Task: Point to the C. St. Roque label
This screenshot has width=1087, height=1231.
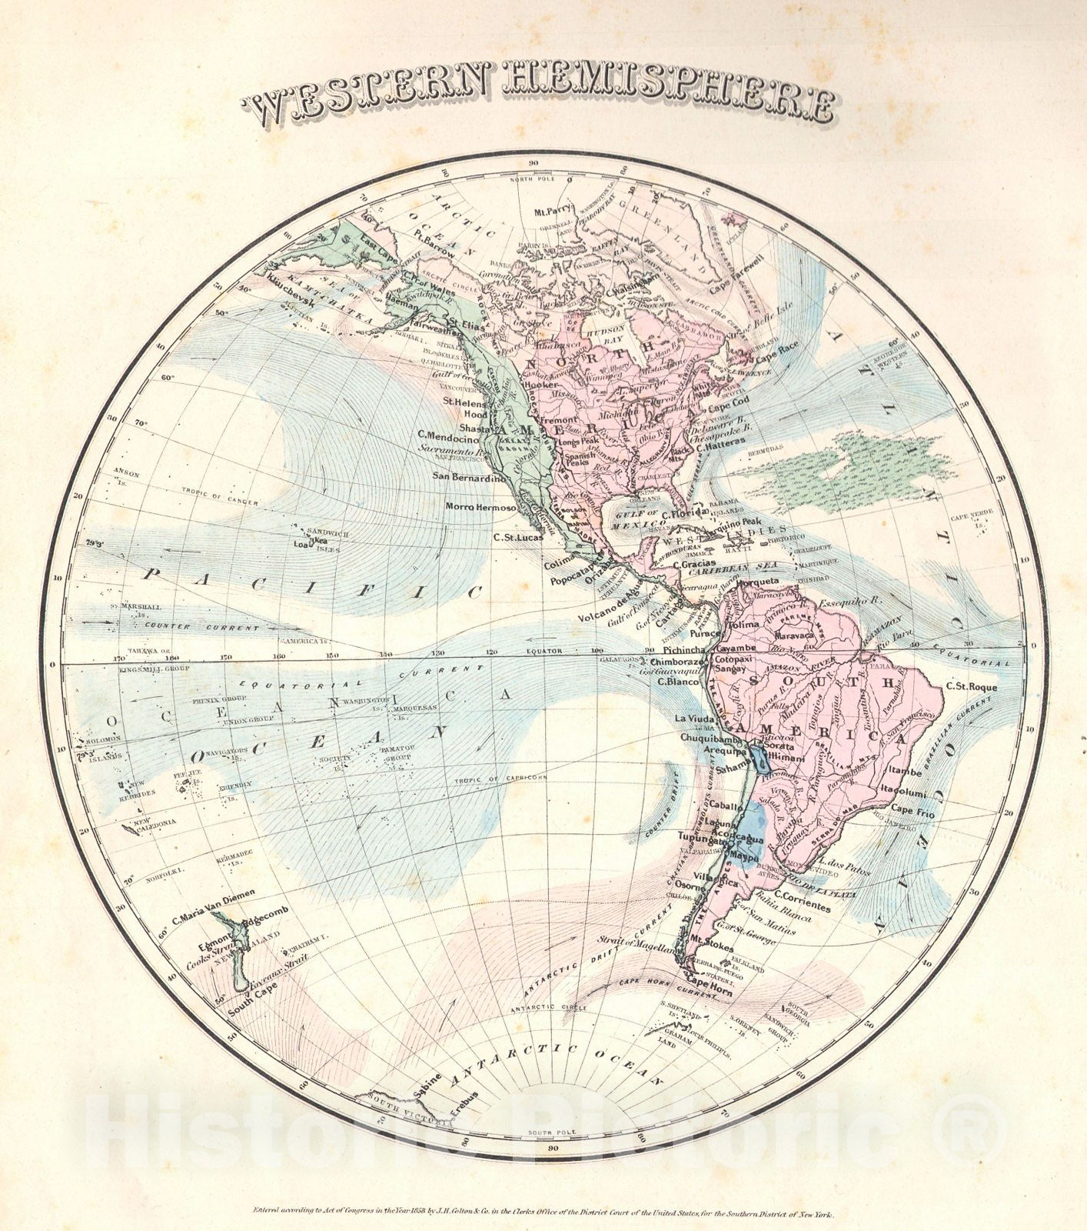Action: (972, 686)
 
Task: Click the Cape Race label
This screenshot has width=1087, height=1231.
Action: (776, 357)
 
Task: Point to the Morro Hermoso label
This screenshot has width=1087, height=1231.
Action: (480, 508)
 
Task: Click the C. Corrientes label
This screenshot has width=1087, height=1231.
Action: (802, 907)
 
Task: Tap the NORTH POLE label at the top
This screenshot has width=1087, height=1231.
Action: (534, 179)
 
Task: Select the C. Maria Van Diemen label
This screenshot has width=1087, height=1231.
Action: (213, 898)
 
